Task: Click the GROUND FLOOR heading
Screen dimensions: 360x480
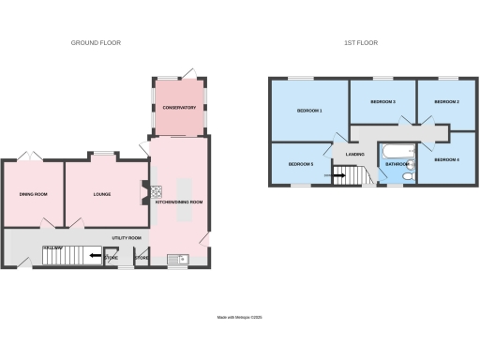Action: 97,43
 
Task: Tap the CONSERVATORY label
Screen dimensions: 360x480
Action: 179,108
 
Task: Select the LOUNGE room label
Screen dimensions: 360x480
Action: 102,195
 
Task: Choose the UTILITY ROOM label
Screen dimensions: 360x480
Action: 127,238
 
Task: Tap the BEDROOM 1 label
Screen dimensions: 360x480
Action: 309,111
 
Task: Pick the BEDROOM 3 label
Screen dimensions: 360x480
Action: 382,101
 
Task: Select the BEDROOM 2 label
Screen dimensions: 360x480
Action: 445,101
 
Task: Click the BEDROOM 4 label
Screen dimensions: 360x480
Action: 446,160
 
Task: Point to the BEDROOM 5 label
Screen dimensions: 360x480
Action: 300,165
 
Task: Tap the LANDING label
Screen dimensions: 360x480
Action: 354,155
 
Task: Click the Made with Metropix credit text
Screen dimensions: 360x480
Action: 240,318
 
